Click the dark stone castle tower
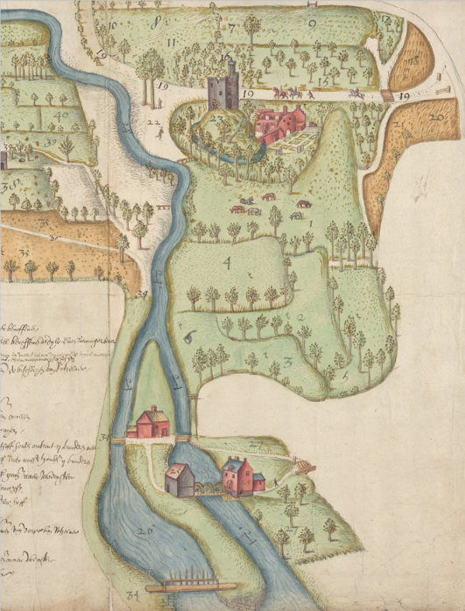point(223,86)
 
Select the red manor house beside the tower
point(281,122)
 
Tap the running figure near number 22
point(159,134)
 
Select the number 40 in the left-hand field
point(60,115)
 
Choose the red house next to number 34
point(151,424)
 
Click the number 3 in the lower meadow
point(287,362)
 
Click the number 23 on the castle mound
point(215,116)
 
